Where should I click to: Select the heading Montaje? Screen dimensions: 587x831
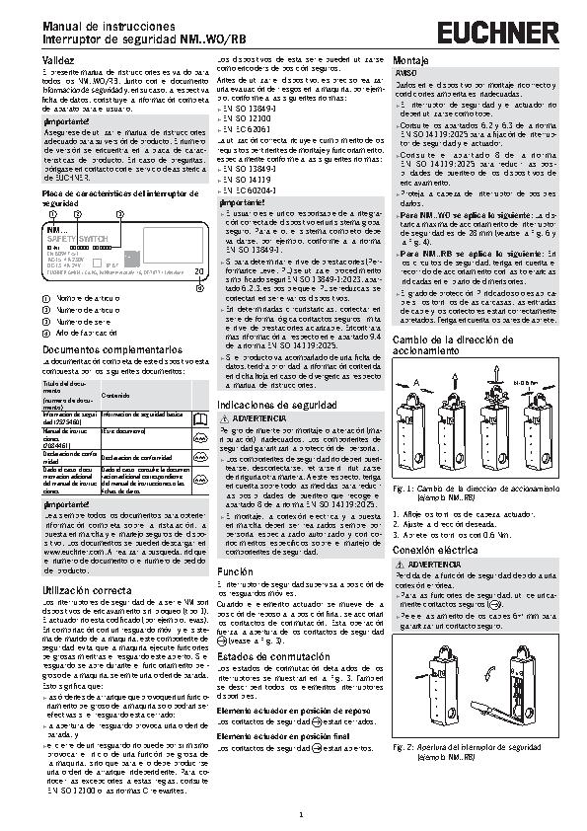coord(410,61)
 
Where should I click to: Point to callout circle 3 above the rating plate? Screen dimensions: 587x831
coord(118,214)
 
